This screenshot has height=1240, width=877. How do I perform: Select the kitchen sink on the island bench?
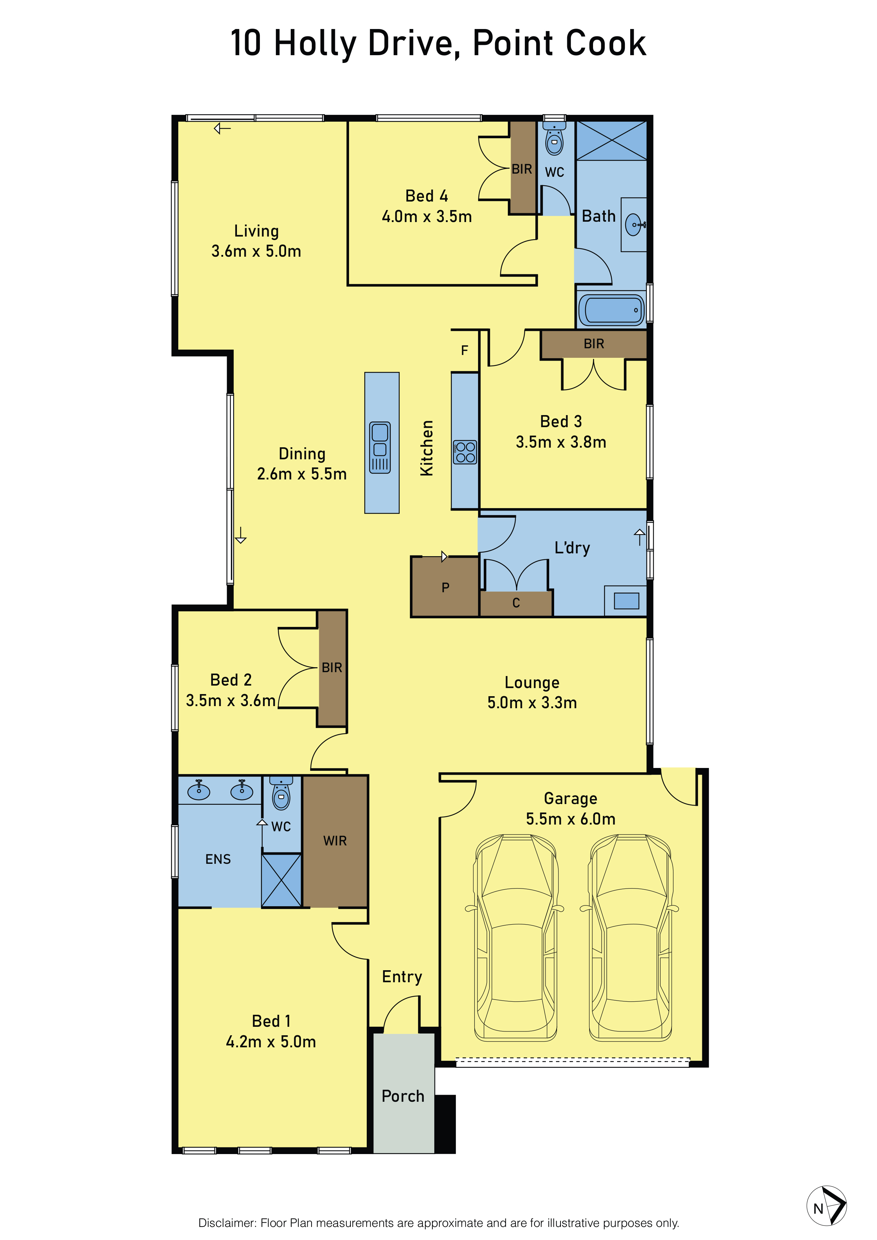[380, 448]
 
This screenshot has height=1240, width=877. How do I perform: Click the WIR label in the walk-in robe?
[335, 840]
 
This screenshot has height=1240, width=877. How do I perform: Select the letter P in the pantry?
[446, 588]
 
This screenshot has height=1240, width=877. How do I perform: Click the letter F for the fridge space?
[464, 350]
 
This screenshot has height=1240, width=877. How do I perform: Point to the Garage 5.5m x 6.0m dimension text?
[571, 819]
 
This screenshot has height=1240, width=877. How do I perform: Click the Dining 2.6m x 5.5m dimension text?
[302, 474]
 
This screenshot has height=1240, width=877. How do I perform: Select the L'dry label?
[573, 548]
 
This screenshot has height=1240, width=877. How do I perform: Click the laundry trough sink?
[626, 601]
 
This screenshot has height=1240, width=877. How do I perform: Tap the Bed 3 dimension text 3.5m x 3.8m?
[561, 442]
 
